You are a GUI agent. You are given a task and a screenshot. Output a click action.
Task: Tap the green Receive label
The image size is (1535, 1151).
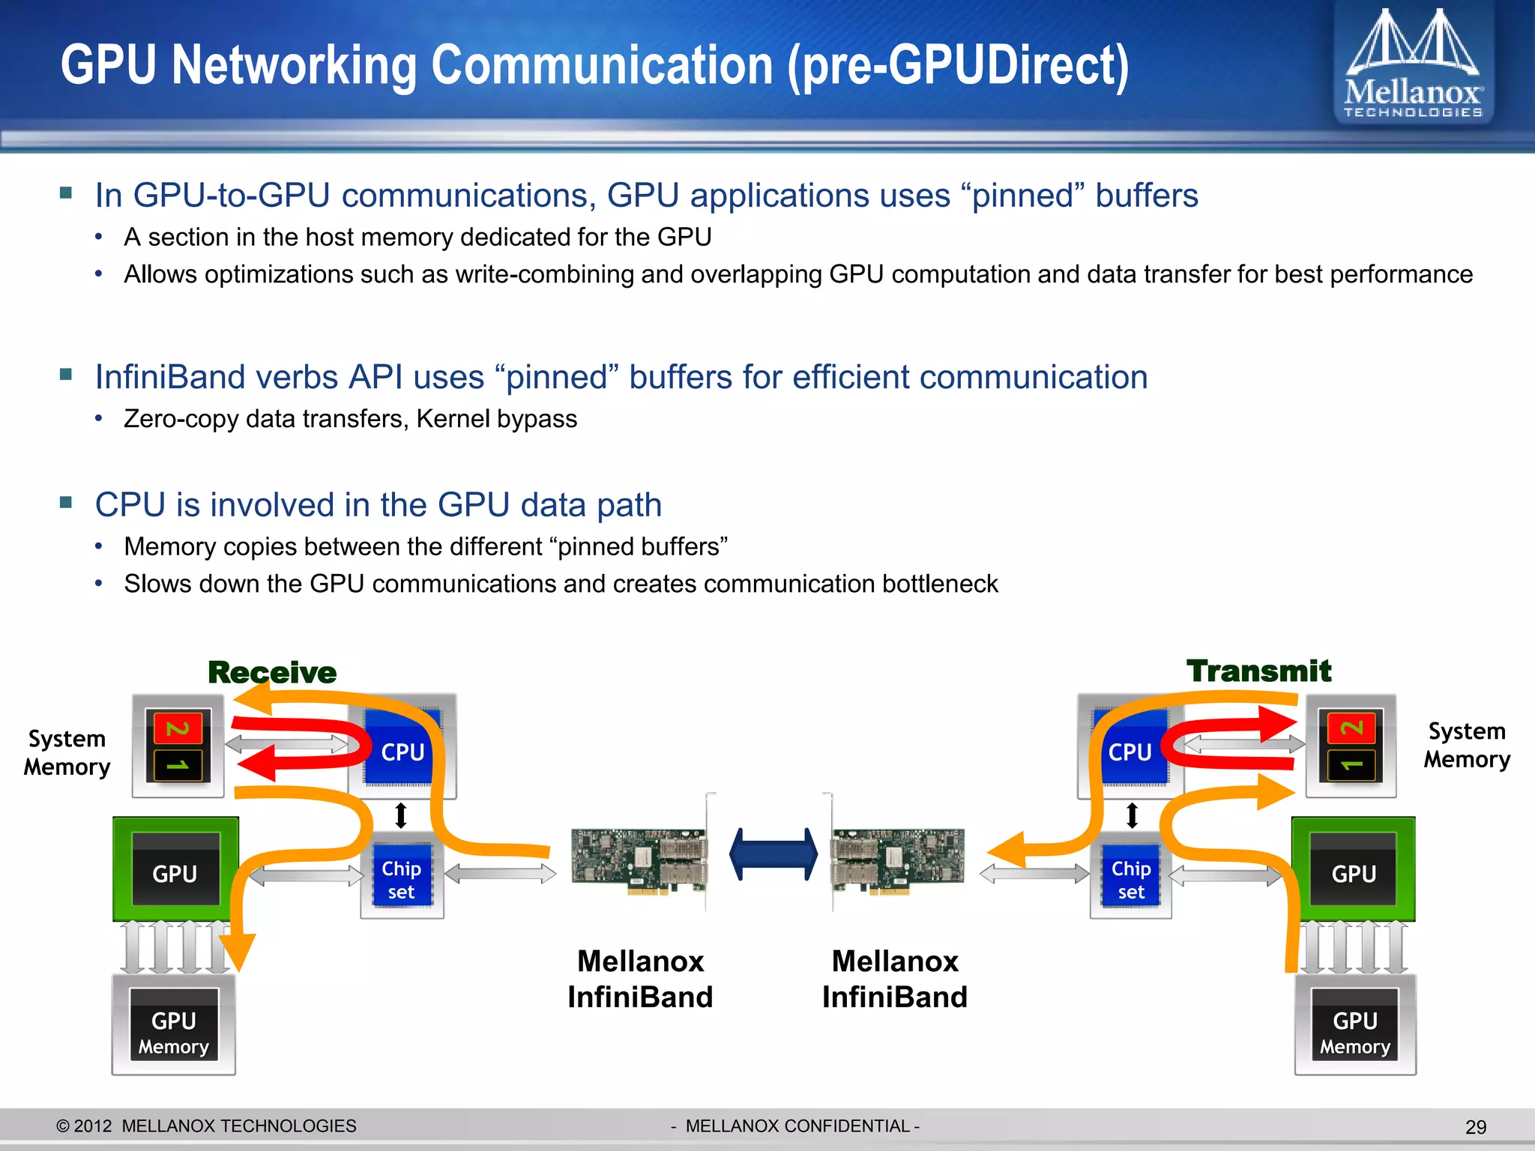point(272,672)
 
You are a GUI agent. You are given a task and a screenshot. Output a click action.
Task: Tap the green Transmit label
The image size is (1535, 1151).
point(1258,671)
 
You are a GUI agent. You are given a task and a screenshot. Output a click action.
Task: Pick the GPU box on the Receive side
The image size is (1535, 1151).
point(175,873)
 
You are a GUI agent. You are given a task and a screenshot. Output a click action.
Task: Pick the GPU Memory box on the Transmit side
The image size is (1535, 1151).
point(1354,1032)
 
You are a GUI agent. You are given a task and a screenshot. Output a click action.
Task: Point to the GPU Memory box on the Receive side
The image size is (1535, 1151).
point(174,1032)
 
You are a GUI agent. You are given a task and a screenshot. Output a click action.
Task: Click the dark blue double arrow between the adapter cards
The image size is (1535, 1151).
point(773,854)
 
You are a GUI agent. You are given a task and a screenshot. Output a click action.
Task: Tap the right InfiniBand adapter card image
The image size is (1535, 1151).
point(898,860)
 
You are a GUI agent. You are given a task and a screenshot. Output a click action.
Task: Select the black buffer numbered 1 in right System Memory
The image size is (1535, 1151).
point(1351,765)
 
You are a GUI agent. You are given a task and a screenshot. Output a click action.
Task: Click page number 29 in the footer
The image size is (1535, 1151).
point(1475,1127)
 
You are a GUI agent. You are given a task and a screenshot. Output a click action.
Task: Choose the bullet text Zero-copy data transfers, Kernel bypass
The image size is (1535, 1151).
point(350,419)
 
